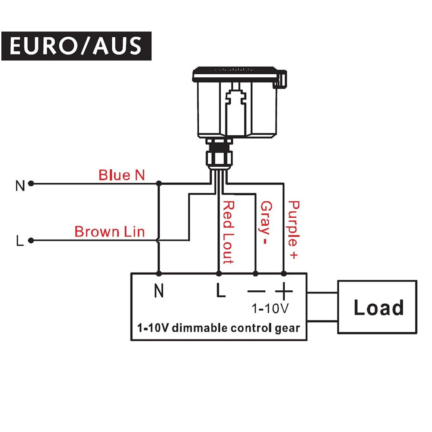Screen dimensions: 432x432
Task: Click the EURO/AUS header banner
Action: click(76, 46)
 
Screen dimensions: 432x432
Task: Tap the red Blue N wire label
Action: click(121, 175)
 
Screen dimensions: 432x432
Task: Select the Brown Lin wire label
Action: click(109, 232)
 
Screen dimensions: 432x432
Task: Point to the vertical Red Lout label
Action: click(228, 232)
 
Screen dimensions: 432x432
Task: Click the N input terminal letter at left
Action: click(20, 186)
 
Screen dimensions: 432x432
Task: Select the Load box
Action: click(377, 307)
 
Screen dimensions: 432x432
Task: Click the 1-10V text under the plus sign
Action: click(270, 309)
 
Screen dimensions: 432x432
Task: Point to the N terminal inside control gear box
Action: click(159, 292)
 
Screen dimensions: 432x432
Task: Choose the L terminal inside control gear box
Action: click(221, 292)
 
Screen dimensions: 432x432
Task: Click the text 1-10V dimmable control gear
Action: click(218, 328)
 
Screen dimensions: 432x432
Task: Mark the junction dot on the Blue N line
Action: click(159, 184)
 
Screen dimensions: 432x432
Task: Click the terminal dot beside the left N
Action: click(31, 184)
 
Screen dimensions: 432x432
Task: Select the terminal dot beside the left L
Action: click(31, 241)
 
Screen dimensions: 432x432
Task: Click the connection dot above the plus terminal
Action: click(283, 273)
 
